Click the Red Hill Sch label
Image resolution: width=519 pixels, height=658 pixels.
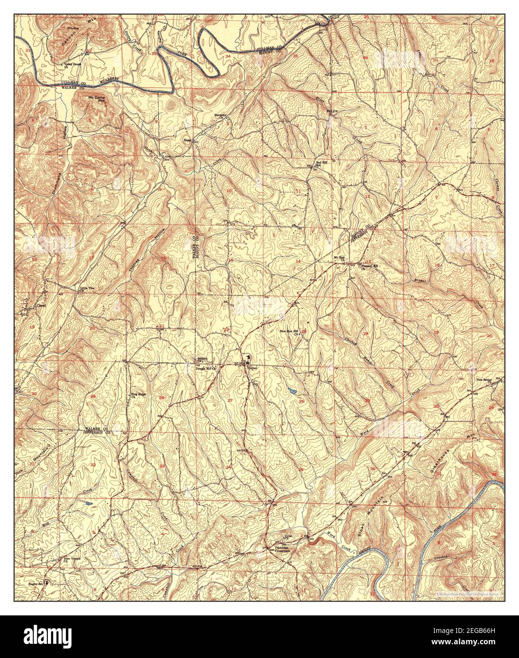click(322, 164)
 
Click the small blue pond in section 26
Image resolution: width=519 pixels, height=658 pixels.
click(291, 391)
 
